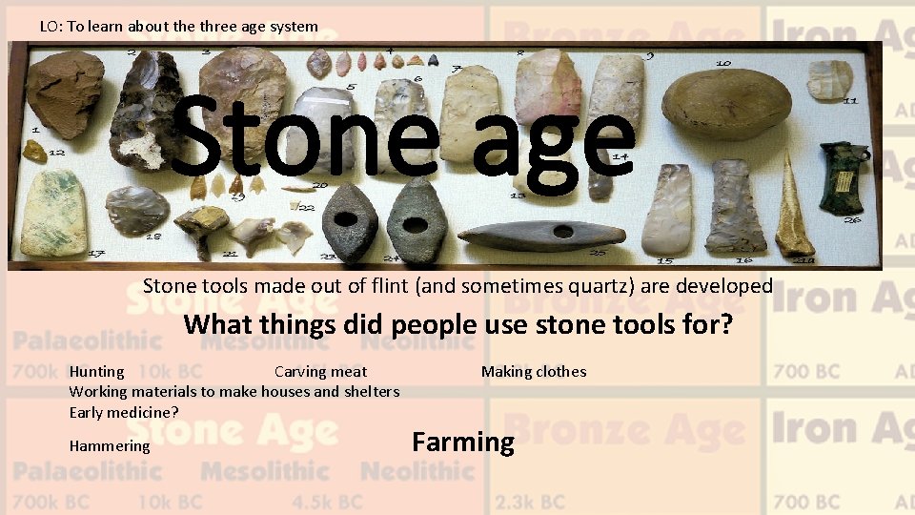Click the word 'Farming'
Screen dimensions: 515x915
(462, 443)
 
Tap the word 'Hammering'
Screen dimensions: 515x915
(110, 446)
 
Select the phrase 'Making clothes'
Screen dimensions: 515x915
(534, 372)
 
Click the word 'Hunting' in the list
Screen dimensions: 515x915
(96, 372)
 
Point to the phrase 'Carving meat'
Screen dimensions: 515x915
(320, 372)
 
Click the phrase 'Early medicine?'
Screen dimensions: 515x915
(124, 412)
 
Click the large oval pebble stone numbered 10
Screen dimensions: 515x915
(726, 102)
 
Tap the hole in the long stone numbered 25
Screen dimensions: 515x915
(563, 232)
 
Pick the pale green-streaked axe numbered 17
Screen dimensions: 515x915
(53, 212)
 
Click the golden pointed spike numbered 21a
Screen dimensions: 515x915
(793, 205)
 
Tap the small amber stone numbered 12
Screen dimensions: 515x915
(35, 151)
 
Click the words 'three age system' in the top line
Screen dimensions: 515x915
(259, 26)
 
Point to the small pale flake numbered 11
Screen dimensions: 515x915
(830, 79)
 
